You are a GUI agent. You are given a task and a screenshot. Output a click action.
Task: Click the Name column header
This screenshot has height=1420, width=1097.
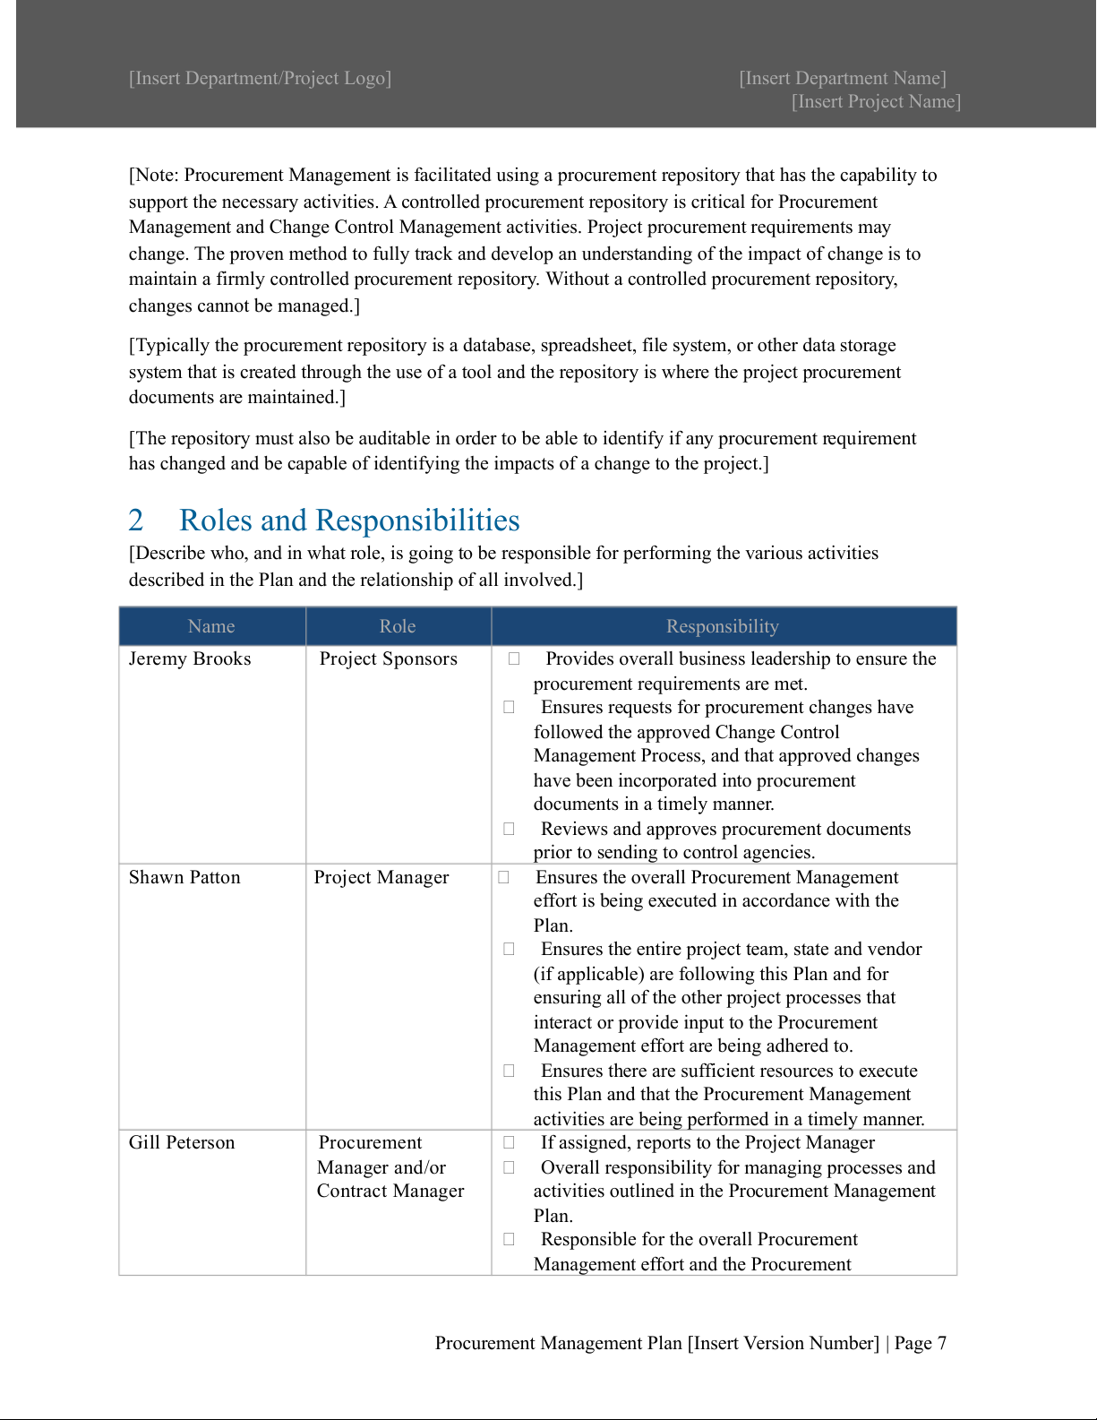click(211, 626)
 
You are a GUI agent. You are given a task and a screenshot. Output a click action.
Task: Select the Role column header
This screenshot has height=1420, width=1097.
click(398, 626)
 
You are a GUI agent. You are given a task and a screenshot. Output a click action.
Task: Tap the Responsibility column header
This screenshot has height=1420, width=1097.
click(723, 626)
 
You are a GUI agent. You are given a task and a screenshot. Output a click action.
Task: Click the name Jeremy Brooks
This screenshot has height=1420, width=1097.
click(190, 658)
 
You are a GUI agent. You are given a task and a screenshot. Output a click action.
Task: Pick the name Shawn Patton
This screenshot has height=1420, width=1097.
click(184, 877)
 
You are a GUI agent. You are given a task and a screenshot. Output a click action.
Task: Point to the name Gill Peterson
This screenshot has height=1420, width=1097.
click(182, 1142)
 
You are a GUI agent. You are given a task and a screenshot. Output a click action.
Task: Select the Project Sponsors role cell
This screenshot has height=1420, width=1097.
click(389, 658)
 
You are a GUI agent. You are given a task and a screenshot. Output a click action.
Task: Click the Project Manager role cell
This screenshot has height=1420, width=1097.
click(381, 877)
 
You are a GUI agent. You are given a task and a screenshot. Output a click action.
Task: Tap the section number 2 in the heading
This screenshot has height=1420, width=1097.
click(136, 521)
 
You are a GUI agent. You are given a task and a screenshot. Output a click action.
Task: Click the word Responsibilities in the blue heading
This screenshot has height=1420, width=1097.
click(417, 521)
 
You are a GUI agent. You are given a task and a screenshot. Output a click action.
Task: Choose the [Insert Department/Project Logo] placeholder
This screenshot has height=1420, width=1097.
click(260, 78)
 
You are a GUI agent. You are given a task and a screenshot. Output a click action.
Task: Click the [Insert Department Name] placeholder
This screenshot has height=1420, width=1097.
click(843, 78)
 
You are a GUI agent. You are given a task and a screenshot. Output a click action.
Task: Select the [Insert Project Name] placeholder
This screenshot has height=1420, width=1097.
click(876, 101)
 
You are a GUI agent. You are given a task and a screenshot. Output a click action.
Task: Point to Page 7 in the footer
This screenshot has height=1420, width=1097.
click(921, 1343)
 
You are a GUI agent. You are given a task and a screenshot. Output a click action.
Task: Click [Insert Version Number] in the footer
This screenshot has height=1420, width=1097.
click(784, 1343)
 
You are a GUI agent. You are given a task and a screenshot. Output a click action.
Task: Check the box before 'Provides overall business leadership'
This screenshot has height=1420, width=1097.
click(514, 658)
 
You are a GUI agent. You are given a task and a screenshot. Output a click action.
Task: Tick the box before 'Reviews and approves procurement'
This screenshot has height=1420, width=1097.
click(509, 829)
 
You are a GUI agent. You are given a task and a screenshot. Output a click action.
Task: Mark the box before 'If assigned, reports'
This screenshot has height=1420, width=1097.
click(509, 1142)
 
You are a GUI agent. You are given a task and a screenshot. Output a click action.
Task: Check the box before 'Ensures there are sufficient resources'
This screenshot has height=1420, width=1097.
click(509, 1071)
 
